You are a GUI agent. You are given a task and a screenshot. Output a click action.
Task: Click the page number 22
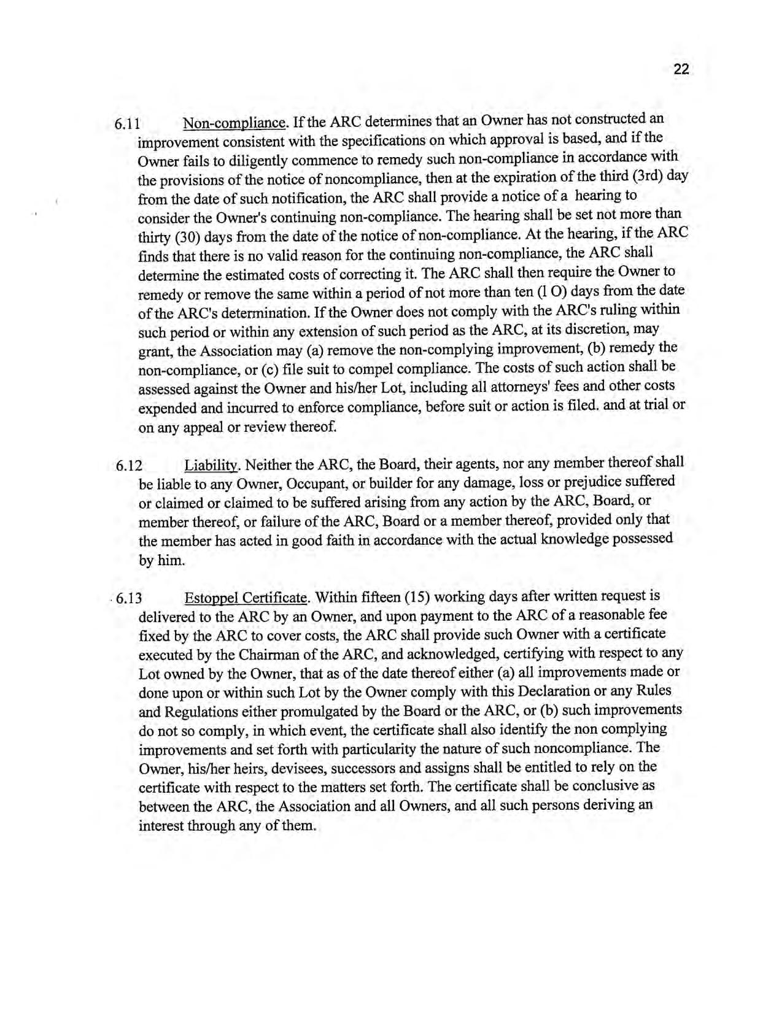[681, 69]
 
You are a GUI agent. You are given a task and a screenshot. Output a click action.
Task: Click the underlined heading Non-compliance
[234, 123]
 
